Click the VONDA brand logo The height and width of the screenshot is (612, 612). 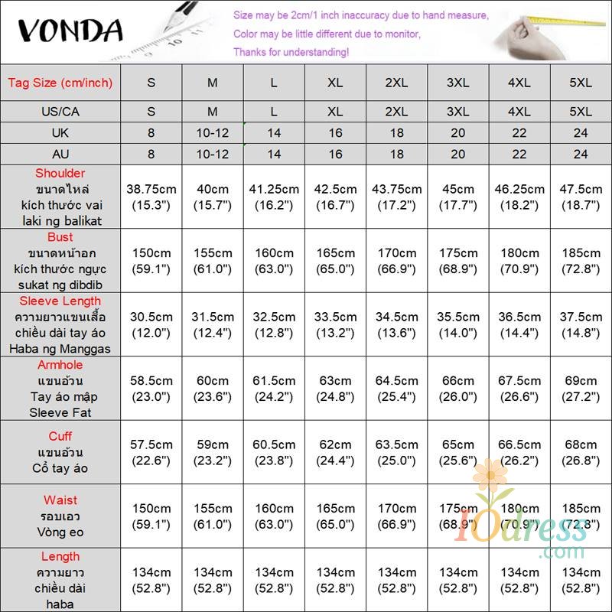tap(70, 31)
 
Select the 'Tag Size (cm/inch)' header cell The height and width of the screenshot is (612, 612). tap(60, 83)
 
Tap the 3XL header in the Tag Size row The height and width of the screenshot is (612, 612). tap(457, 83)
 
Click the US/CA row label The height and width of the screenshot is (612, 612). tap(60, 112)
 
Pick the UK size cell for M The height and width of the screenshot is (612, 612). tap(213, 133)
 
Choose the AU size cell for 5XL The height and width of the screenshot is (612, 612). tap(581, 154)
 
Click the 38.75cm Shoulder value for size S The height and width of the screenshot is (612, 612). tap(151, 197)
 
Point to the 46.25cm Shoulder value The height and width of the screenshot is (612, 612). tap(519, 197)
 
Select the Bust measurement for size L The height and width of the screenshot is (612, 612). tap(274, 261)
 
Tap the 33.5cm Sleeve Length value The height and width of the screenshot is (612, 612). tap(335, 324)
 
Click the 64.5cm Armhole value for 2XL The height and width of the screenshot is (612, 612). tap(396, 388)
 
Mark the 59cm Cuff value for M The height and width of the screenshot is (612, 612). tap(213, 451)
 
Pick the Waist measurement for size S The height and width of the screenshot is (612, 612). tap(151, 516)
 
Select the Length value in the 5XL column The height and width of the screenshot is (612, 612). tap(581, 579)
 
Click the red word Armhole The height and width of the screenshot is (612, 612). tap(60, 365)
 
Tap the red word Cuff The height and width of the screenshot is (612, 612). tap(60, 436)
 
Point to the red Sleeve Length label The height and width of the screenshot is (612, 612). tap(60, 301)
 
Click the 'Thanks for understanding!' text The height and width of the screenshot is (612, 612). tap(291, 52)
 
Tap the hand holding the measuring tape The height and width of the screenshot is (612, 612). tap(528, 34)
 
